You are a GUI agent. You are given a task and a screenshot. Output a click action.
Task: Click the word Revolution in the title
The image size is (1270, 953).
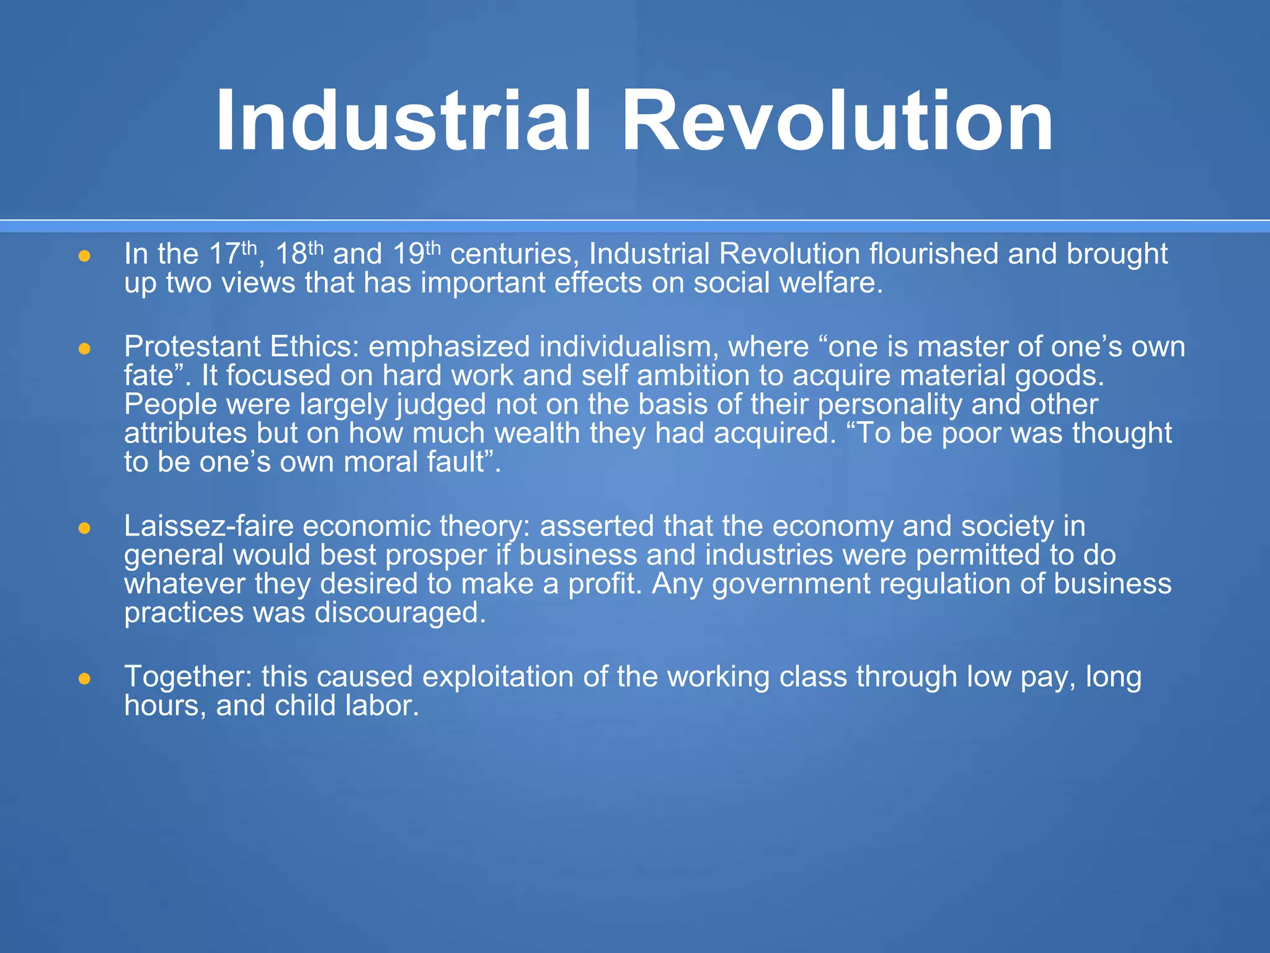coord(837,120)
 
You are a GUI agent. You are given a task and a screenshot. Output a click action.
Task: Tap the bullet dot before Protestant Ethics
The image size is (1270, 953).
coord(85,349)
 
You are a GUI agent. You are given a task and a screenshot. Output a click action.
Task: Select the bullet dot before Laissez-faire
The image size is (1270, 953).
coord(85,529)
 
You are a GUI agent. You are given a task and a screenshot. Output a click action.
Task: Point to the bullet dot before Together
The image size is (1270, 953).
coord(85,679)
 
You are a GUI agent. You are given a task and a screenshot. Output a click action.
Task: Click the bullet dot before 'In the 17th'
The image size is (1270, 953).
coord(85,256)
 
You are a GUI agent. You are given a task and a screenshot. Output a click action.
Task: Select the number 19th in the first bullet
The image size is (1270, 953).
coord(416,254)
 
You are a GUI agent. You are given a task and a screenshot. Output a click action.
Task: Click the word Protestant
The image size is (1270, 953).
coord(192,347)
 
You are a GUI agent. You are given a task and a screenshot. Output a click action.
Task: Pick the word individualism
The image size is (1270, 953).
coord(628,347)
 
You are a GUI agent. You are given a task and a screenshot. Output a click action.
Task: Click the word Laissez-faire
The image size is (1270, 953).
coord(208,527)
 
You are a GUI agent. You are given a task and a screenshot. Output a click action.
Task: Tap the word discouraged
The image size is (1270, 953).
coord(400,613)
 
